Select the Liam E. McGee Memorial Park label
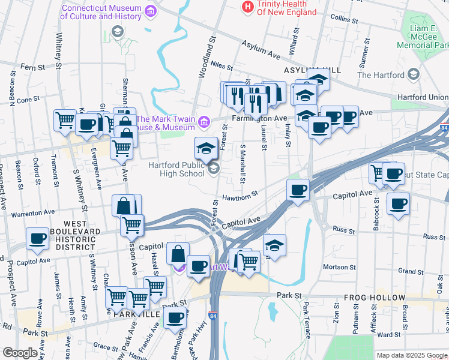click(x=424, y=37)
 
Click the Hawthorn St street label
click(x=240, y=196)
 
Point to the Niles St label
click(x=221, y=67)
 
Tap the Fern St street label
click(x=33, y=67)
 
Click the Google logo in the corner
click(x=19, y=353)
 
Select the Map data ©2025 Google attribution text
click(x=412, y=355)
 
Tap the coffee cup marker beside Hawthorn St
click(x=298, y=191)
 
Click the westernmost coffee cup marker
click(x=37, y=239)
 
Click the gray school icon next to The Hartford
click(x=413, y=74)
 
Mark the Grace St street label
click(x=106, y=346)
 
